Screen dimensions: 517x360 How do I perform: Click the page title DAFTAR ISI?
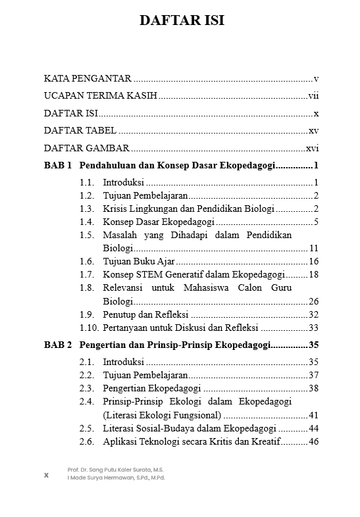(182, 20)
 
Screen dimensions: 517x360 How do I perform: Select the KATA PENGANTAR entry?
(88, 78)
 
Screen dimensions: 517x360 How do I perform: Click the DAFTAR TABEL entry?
(80, 130)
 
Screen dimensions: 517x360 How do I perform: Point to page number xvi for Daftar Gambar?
(313, 148)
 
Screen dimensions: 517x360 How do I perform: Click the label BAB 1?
(57, 166)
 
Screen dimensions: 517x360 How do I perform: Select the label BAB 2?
(57, 345)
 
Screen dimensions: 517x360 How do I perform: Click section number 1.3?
(87, 209)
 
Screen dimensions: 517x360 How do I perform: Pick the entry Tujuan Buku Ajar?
(134, 262)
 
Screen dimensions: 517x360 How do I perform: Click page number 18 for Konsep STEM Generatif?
(313, 274)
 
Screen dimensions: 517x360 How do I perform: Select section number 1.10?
(89, 328)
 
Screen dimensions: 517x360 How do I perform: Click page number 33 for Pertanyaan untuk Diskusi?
(313, 328)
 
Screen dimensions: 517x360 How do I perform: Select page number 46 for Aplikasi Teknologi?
(313, 441)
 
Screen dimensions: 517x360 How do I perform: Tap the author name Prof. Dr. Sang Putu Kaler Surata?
(116, 470)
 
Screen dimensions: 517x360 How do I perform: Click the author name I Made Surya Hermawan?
(116, 478)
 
